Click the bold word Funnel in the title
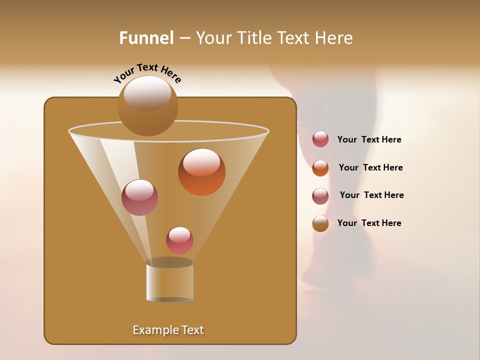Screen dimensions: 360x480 click(146, 38)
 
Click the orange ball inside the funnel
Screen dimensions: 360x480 click(201, 172)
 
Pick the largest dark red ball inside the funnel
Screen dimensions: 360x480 click(139, 197)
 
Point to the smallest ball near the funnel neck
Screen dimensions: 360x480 click(179, 240)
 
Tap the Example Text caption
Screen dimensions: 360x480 click(168, 330)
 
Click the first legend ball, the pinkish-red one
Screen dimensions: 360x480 click(320, 139)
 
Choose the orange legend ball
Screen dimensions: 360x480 click(320, 168)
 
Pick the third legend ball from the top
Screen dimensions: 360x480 click(320, 196)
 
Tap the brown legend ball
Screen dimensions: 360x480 click(320, 223)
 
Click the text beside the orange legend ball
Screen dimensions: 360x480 click(370, 167)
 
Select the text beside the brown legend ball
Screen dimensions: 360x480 click(369, 223)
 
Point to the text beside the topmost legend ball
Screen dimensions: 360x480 click(369, 139)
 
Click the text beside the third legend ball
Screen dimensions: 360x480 click(371, 195)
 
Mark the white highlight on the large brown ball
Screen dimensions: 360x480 click(147, 92)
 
